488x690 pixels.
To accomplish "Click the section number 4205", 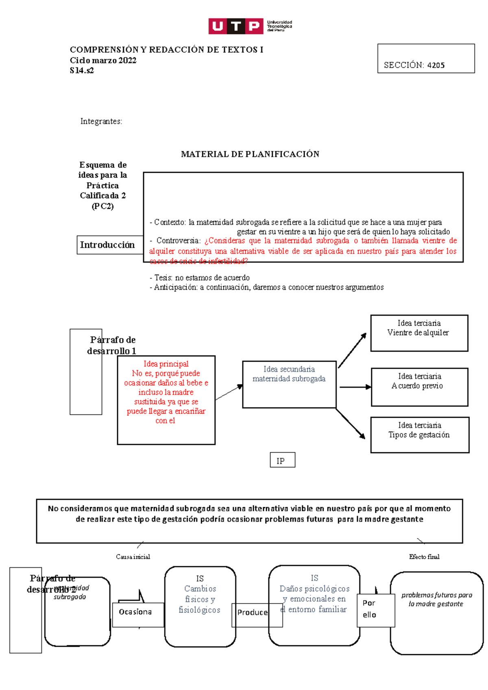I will pos(436,65).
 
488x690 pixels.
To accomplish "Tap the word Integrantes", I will pos(101,121).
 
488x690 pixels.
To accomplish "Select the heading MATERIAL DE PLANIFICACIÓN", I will pos(250,154).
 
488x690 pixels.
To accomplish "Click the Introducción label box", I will pos(108,245).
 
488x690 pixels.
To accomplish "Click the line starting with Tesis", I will pos(200,278).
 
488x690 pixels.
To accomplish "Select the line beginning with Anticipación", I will pos(268,287).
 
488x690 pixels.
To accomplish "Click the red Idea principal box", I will pos(166,400).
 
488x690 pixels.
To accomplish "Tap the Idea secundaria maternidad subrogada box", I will pos(289,384).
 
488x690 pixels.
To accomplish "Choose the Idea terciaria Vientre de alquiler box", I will pos(419,333).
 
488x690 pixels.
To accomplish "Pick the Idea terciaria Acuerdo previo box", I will pos(419,386).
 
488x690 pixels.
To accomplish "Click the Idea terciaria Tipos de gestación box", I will pos(419,435).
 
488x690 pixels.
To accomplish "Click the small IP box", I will pos(282,460).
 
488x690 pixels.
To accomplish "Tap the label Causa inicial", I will pos(133,557).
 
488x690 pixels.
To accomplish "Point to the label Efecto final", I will pos(424,557).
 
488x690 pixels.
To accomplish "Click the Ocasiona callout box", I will pos(136,612).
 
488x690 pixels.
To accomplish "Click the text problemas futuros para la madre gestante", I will pos(436,599).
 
